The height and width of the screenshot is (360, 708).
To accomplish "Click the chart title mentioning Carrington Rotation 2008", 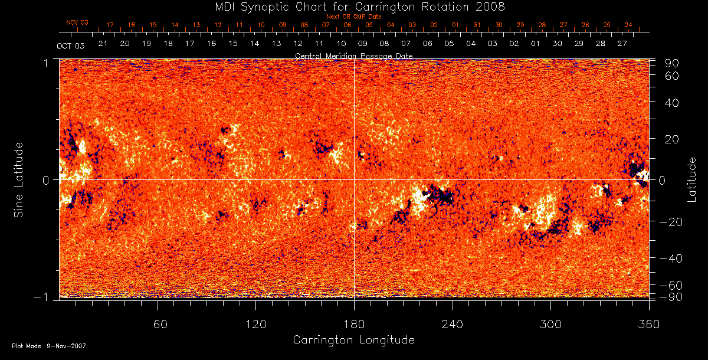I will pos(353,6).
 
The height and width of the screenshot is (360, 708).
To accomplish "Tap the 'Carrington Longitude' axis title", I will pos(353,340).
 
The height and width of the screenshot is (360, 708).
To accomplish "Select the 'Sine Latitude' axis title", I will pos(19,179).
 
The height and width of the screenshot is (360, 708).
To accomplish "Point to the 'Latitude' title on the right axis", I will pos(692,179).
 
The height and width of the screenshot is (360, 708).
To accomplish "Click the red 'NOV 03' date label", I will pos(77,22).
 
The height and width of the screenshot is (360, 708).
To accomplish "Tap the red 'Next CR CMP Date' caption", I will pos(353,17).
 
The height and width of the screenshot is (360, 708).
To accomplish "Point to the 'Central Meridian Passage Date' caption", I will pos(353,55).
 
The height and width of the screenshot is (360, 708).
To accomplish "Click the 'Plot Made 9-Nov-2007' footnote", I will pos(49,346).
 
